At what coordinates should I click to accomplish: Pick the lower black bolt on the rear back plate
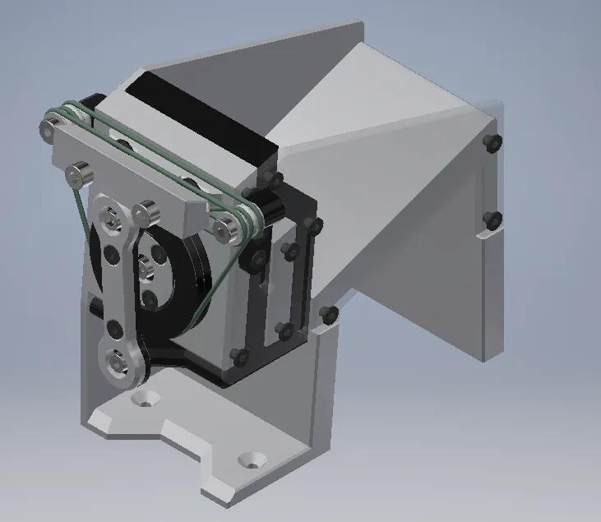tap(493, 219)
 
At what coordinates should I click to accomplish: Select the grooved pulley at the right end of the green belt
tap(246, 219)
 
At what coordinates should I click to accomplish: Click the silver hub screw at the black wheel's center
tap(146, 265)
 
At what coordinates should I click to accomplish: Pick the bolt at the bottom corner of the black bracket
tap(239, 356)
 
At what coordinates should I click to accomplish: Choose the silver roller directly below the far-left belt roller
tap(78, 174)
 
